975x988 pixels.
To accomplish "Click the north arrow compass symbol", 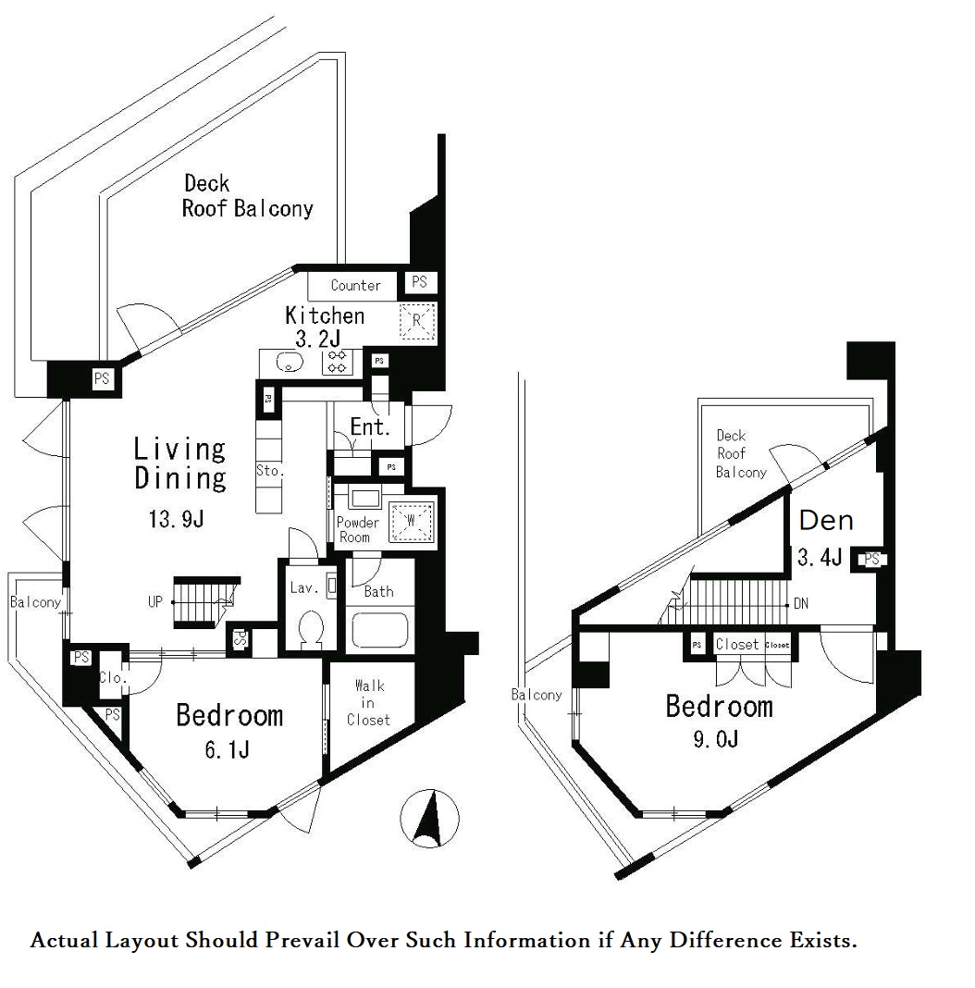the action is click(429, 819).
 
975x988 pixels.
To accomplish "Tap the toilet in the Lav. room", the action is click(312, 628).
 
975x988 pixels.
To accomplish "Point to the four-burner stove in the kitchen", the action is click(338, 363).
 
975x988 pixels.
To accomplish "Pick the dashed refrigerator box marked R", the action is click(417, 321).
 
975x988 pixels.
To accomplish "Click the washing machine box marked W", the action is click(411, 521).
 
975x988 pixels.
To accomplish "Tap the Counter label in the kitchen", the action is click(355, 286).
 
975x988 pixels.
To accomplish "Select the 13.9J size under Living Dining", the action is click(176, 519).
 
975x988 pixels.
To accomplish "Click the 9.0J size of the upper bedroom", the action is click(715, 738).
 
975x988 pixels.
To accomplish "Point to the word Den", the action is click(826, 521).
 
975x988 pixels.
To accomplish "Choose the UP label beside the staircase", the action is click(155, 601).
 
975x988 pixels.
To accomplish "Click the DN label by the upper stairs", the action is click(801, 604).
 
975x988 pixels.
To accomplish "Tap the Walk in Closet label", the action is click(369, 702).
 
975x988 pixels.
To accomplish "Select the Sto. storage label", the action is click(270, 470).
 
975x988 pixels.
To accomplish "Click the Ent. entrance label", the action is click(370, 427).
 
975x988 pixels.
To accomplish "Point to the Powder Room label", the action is click(357, 530).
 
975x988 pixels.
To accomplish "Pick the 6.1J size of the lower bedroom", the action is click(227, 750).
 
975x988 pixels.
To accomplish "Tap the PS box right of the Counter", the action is click(419, 281).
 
